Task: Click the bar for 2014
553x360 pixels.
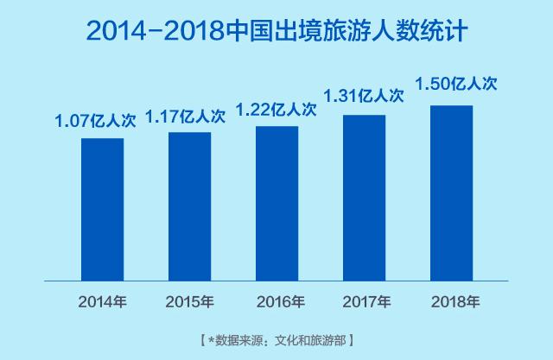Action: point(102,209)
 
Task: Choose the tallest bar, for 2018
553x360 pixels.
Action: point(451,193)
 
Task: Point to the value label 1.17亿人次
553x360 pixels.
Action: point(186,116)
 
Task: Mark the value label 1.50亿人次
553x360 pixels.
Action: point(456,84)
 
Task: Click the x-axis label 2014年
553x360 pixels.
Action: point(102,301)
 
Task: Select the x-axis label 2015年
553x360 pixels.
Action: point(189,301)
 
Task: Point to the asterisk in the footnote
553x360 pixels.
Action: point(209,338)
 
